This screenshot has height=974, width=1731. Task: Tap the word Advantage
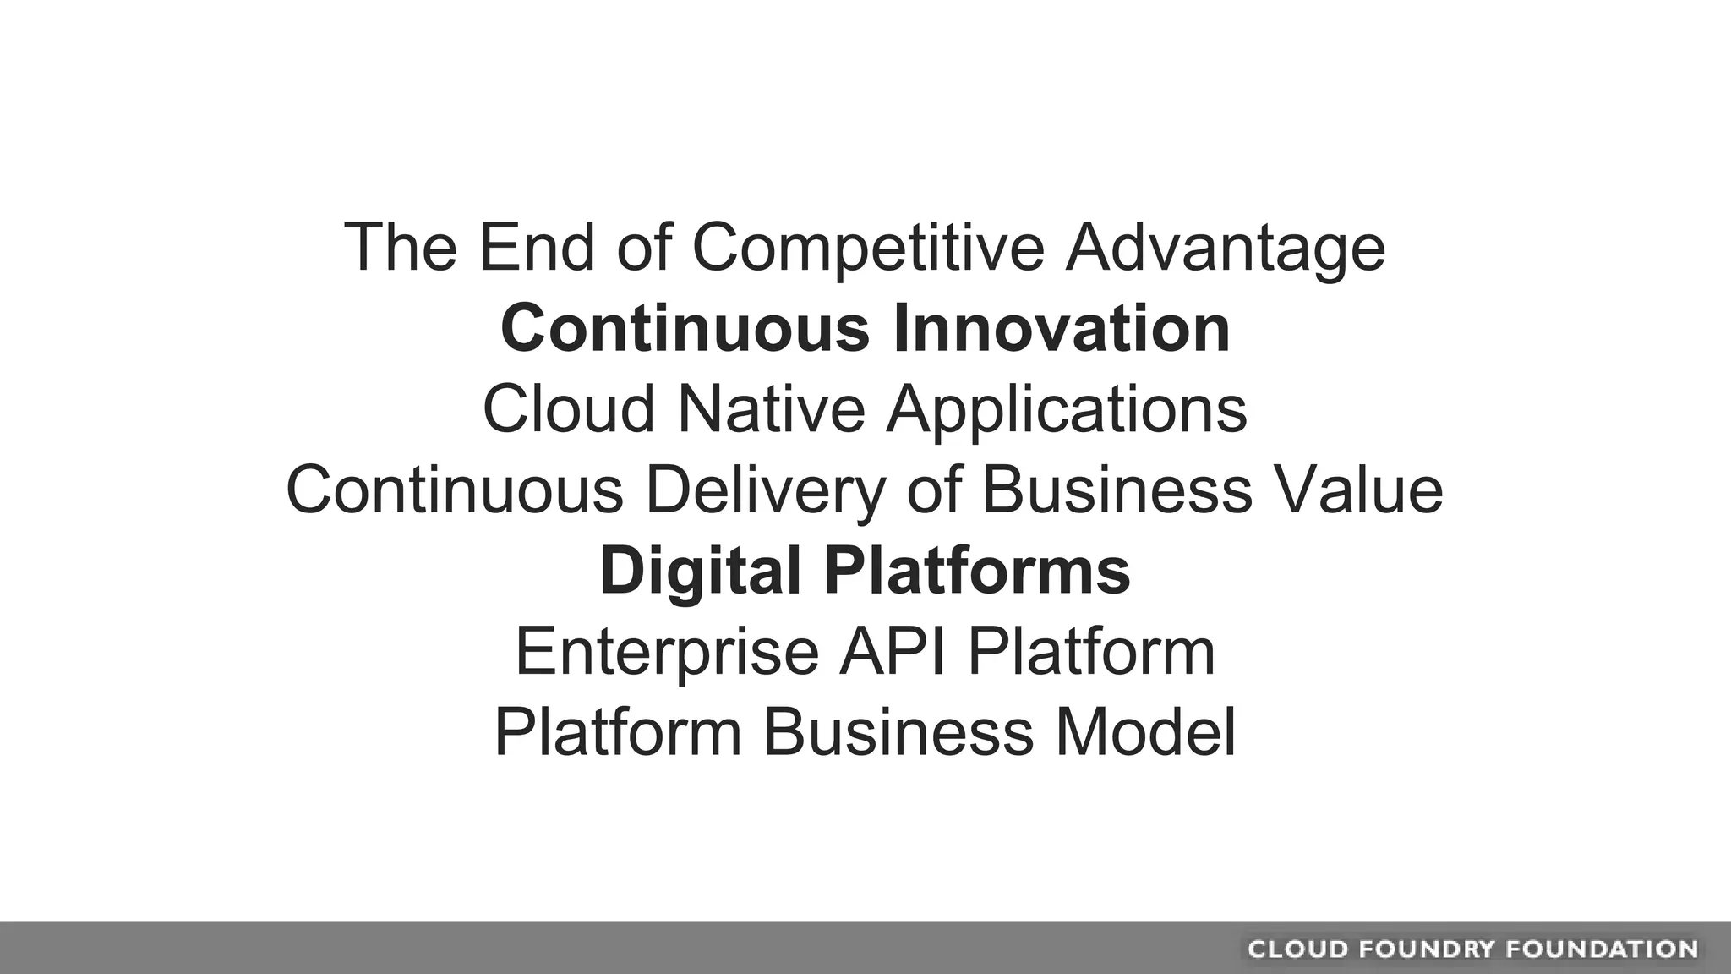coord(1225,248)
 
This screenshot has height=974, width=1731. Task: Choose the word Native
coord(771,409)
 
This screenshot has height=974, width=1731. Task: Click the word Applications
coord(1066,409)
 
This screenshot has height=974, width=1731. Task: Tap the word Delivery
coord(766,490)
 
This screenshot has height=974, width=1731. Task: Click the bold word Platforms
coord(977,571)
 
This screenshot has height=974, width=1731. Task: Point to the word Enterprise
coord(667,652)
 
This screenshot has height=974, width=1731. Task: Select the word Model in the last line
coord(1145,732)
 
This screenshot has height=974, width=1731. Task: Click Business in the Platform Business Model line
coord(898,732)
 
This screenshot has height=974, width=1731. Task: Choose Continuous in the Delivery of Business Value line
coord(455,490)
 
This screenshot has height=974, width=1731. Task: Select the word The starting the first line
coord(401,248)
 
